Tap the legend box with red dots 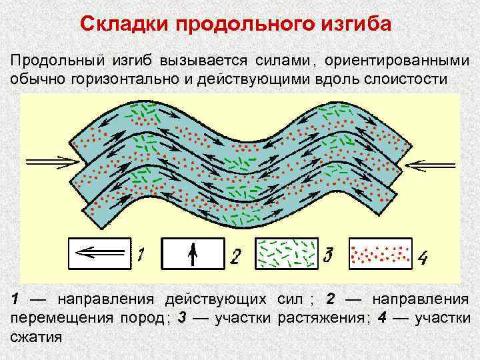pyautogui.click(x=379, y=253)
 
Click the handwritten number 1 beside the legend pyautogui.click(x=143, y=254)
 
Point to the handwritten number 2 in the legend pyautogui.click(x=236, y=255)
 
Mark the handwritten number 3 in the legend pyautogui.click(x=327, y=254)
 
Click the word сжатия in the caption pyautogui.click(x=36, y=335)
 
